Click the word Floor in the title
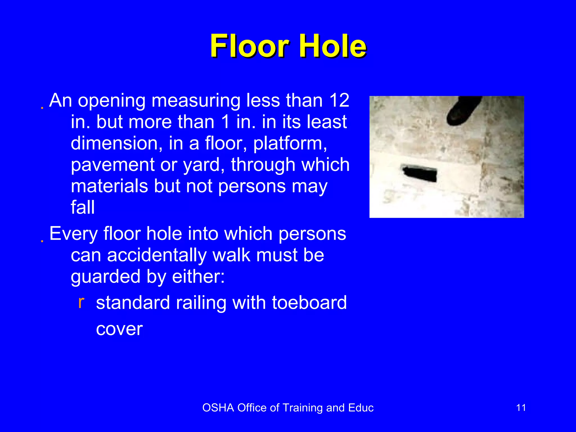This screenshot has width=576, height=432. click(250, 46)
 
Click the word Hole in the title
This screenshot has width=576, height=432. click(333, 46)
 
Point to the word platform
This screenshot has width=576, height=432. click(290, 144)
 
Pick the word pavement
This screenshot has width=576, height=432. click(112, 165)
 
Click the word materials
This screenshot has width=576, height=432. click(109, 186)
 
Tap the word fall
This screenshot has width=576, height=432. click(83, 207)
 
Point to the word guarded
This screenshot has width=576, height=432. click(105, 277)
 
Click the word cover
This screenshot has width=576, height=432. click(119, 329)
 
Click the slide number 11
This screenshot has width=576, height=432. click(521, 408)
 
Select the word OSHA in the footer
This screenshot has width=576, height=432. click(218, 408)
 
